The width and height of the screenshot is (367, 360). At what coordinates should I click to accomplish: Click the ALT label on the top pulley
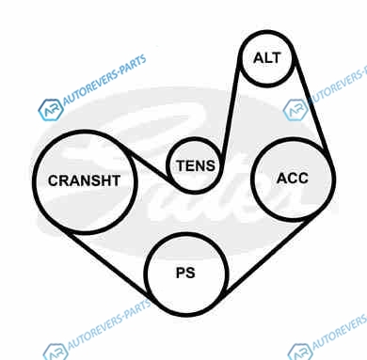(x=266, y=58)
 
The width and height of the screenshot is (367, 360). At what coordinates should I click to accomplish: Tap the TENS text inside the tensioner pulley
(x=196, y=165)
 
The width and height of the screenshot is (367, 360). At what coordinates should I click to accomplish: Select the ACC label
(x=293, y=179)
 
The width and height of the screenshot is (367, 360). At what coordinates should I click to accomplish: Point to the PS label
(x=185, y=273)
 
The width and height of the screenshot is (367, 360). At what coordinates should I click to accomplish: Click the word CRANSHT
(x=84, y=180)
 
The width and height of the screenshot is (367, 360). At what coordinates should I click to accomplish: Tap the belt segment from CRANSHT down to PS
(x=108, y=264)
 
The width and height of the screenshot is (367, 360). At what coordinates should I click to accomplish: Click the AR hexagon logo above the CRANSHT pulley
(x=50, y=110)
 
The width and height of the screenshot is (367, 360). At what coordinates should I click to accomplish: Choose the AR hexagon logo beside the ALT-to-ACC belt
(x=295, y=110)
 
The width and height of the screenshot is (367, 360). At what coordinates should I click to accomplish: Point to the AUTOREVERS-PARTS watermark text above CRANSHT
(x=105, y=80)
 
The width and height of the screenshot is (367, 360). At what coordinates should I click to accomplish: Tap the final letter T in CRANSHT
(x=116, y=180)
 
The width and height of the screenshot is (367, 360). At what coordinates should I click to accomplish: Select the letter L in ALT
(x=267, y=58)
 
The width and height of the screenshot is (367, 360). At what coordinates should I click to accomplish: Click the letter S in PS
(x=190, y=273)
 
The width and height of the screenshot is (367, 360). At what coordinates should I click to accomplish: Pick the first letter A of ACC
(x=282, y=179)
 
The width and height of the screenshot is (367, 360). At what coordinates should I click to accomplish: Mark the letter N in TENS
(x=201, y=165)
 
